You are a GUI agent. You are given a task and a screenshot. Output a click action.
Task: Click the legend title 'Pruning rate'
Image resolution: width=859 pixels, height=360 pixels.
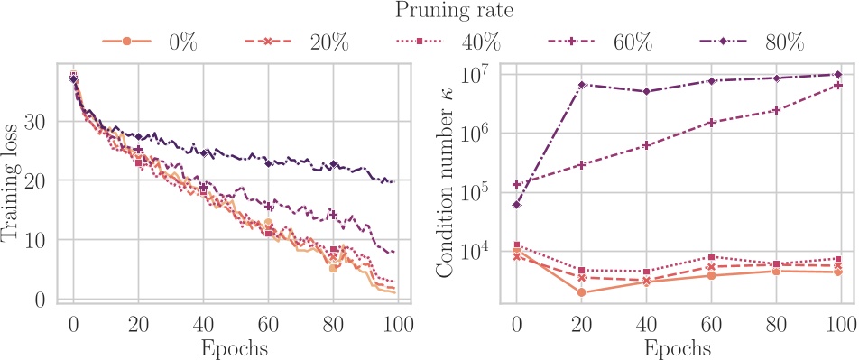pos(429,12)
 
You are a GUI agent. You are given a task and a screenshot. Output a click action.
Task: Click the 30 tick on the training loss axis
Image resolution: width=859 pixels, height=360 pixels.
pos(42,121)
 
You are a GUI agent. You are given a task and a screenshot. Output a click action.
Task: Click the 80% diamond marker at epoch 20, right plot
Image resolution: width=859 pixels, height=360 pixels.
pos(581,85)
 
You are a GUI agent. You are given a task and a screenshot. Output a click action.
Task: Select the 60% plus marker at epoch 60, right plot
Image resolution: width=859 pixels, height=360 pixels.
pos(711,123)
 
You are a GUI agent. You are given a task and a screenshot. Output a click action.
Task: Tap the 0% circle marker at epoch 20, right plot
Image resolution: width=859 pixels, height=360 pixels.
pos(581,292)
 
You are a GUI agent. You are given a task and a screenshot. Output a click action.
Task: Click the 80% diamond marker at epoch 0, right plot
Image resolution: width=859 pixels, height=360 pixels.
pos(516,205)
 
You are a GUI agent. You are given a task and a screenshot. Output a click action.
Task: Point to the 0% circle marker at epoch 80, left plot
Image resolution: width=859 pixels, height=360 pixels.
pos(333,268)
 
